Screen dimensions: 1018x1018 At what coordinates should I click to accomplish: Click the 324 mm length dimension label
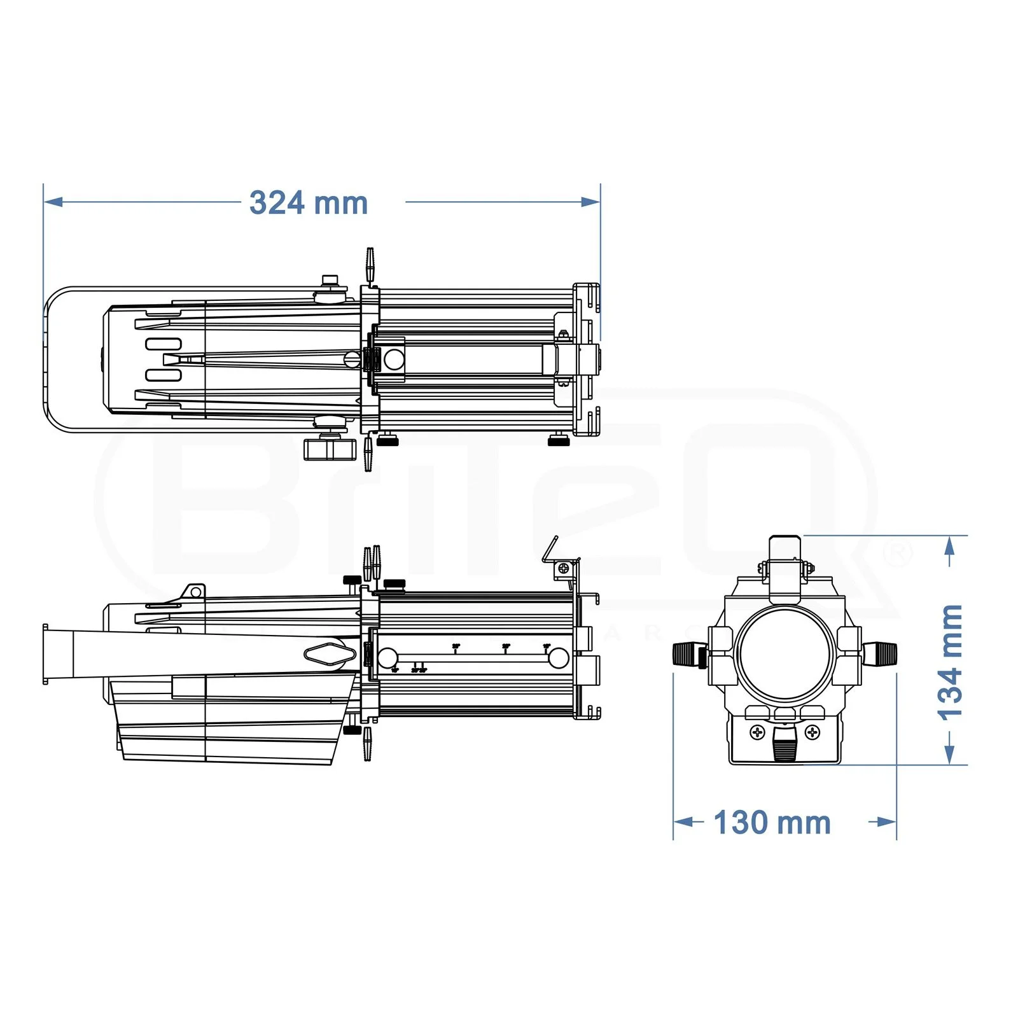pos(309,203)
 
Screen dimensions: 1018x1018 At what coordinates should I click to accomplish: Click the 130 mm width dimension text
pos(772,823)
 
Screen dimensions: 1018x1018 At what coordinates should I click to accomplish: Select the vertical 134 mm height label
pos(950,662)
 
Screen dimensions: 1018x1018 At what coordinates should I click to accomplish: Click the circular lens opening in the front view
pos(785,653)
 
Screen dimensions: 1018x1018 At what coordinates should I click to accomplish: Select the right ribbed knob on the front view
pos(882,653)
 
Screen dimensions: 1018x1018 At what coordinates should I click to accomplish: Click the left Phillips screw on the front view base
pos(757,732)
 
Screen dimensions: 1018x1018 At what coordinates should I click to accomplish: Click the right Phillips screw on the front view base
pos(812,732)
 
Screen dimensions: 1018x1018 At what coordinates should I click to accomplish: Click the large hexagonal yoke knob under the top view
pos(328,449)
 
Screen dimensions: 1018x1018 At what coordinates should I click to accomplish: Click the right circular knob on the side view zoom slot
pos(558,658)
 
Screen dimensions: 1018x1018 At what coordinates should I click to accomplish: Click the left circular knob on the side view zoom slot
pos(387,658)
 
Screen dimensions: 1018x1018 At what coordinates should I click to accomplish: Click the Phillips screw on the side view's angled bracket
pos(562,569)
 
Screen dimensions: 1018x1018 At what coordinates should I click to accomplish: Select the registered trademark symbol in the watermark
pos(898,554)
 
